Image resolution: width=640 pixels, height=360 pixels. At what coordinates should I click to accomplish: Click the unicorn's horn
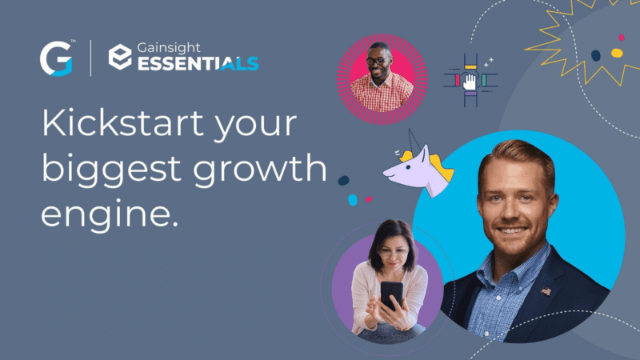click(410, 141)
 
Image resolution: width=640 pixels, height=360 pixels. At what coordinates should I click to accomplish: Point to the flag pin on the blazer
click(546, 290)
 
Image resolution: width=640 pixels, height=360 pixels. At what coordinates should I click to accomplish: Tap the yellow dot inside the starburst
click(617, 53)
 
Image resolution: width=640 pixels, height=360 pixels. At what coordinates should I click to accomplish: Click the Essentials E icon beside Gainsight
click(121, 57)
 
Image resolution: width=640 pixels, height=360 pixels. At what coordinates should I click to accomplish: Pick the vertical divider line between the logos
click(91, 58)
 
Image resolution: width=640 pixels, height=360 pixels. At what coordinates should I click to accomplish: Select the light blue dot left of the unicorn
click(353, 200)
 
